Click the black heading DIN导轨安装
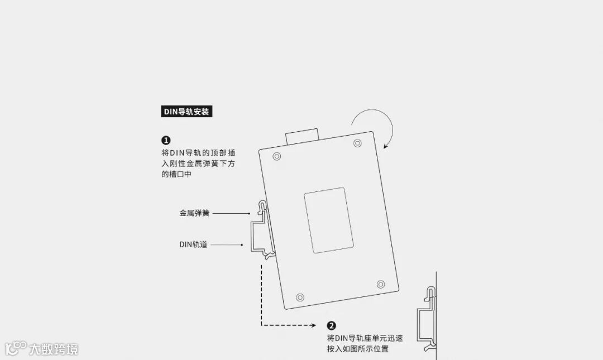[186, 112]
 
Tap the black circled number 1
[166, 140]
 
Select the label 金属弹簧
[194, 213]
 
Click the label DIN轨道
[193, 244]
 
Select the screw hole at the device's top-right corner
[357, 143]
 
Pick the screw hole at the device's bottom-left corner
[300, 297]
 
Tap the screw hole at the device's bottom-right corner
[381, 284]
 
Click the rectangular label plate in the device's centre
[328, 220]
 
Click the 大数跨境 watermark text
[54, 349]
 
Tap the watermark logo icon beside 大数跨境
[16, 348]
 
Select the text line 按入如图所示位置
[358, 349]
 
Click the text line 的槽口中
[176, 174]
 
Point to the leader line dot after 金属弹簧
[249, 213]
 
